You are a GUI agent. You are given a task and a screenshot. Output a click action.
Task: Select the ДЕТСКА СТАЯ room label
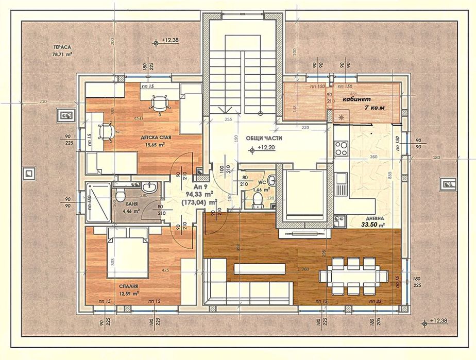(156, 138)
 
